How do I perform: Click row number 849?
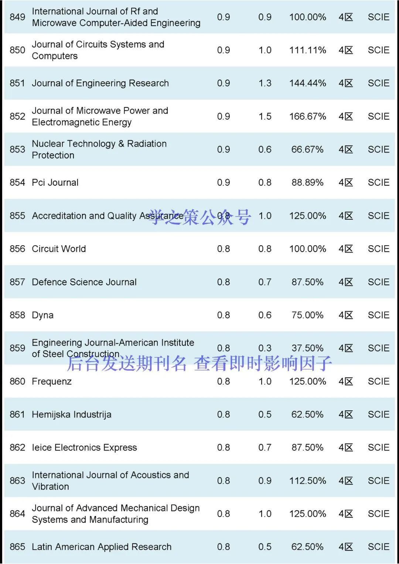[x=17, y=17]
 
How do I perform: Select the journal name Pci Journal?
[x=55, y=182]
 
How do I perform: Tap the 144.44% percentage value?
[x=307, y=83]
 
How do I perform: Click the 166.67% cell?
[x=307, y=116]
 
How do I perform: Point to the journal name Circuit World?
[x=59, y=249]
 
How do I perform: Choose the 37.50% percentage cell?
[x=307, y=348]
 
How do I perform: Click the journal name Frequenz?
[x=52, y=381]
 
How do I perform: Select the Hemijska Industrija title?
[x=71, y=414]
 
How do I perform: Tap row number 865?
[x=17, y=547]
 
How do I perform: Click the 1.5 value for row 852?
[x=265, y=116]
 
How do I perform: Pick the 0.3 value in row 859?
[x=265, y=348]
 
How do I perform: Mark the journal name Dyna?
[x=42, y=315]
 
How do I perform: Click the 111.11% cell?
[x=307, y=50]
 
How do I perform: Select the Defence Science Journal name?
[x=84, y=282]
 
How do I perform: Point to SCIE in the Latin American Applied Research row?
[x=378, y=547]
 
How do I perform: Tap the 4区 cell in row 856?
[x=346, y=249]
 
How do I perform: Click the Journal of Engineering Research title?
[x=100, y=83]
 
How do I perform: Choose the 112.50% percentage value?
[x=307, y=481]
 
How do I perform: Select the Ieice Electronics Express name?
[x=84, y=448]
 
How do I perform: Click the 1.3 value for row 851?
[x=265, y=83]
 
